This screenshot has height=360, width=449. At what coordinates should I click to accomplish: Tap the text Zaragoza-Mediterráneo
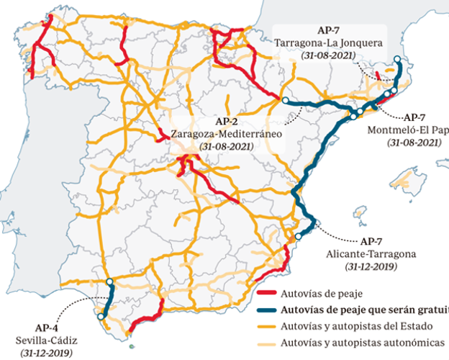[x=226, y=133]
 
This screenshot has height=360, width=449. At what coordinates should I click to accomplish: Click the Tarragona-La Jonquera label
[x=329, y=42]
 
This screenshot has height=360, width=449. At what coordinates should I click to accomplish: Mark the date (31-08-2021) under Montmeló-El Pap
[x=413, y=143]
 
